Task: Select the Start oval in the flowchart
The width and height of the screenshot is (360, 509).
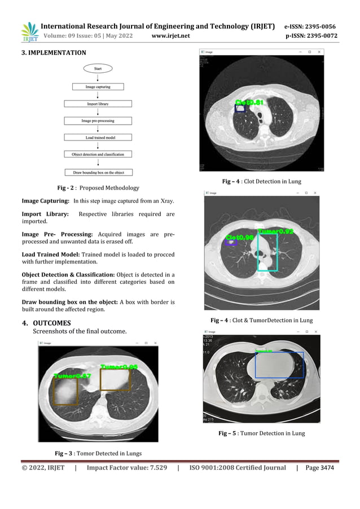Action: click(98, 68)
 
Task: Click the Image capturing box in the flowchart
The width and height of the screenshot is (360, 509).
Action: click(98, 87)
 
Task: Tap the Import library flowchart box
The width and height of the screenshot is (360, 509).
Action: click(98, 104)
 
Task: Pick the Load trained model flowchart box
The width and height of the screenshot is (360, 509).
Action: click(98, 137)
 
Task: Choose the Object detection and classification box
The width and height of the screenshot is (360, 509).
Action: click(98, 154)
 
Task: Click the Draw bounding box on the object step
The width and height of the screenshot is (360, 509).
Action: click(98, 172)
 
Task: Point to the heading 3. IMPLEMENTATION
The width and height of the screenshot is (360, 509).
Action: click(54, 53)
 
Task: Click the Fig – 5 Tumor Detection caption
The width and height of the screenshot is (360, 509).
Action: click(261, 433)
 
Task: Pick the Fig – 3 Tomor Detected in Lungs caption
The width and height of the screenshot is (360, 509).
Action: click(98, 453)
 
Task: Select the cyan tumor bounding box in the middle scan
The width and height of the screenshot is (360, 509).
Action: click(267, 252)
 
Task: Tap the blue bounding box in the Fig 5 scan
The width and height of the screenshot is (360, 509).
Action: click(279, 365)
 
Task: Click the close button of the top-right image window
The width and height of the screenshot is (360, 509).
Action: click(320, 52)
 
